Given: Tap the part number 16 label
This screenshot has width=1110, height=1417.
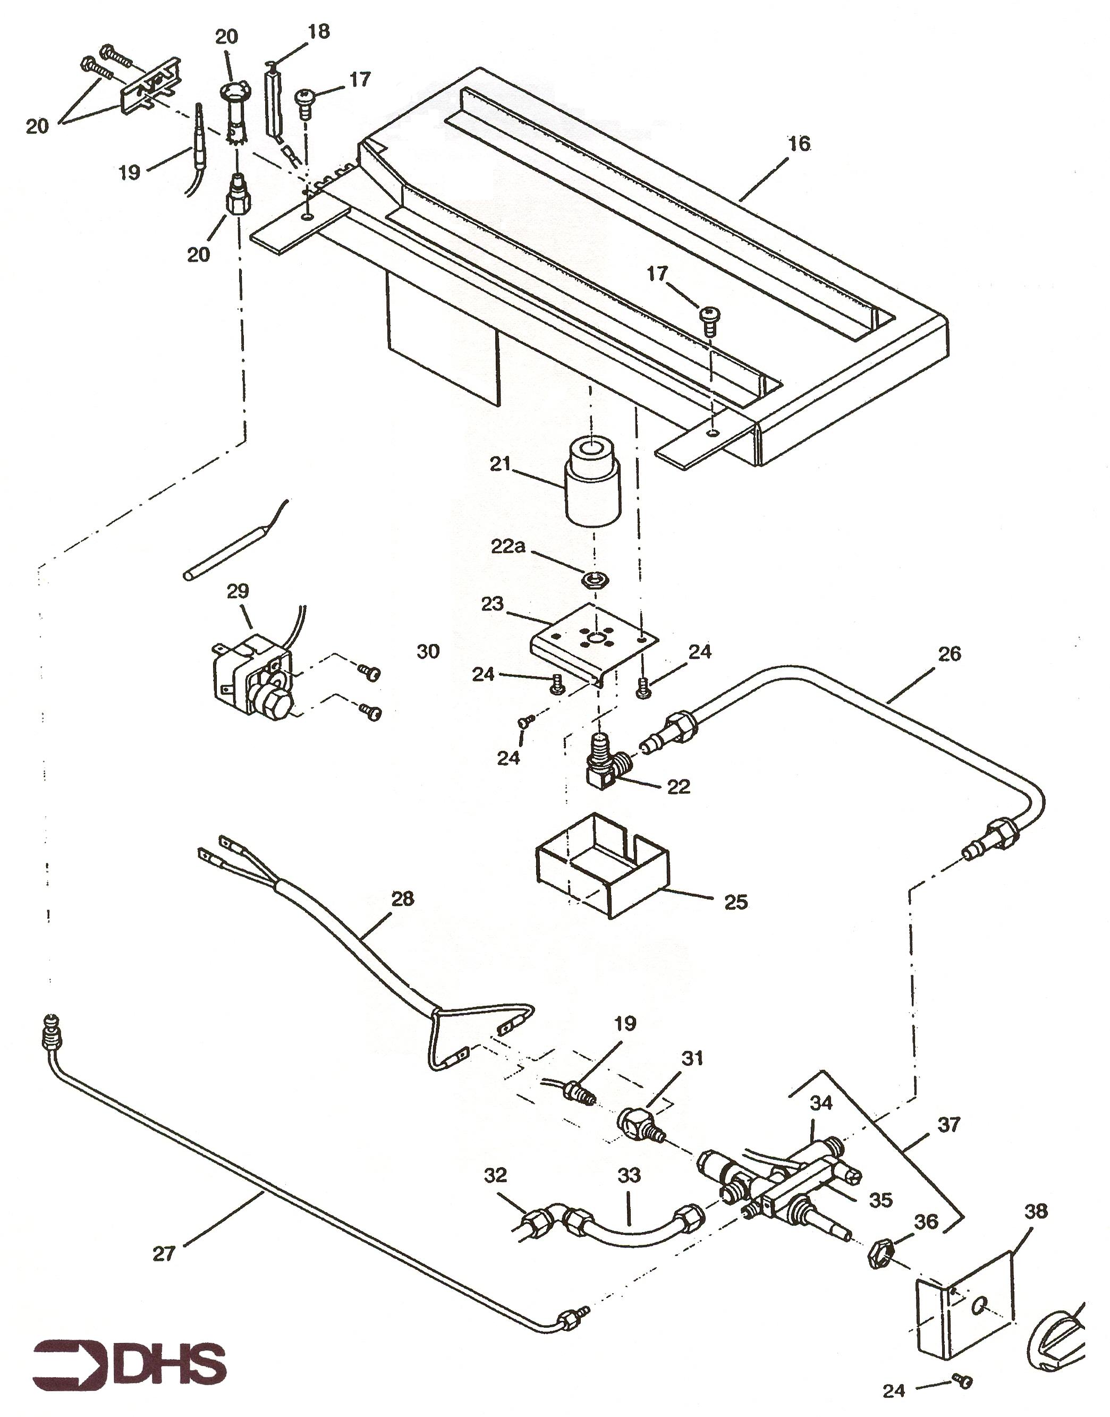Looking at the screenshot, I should tap(799, 143).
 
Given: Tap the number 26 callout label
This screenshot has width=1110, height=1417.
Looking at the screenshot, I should tap(949, 654).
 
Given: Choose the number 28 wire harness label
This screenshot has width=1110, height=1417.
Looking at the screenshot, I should tap(402, 898).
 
